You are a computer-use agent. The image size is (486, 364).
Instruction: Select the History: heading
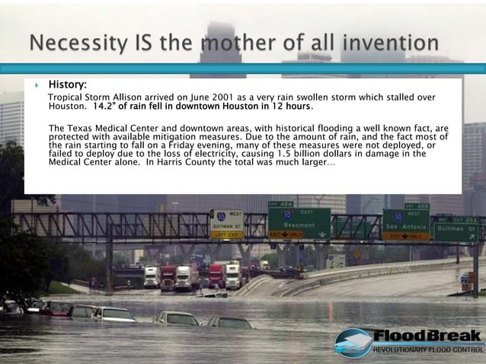point(68,84)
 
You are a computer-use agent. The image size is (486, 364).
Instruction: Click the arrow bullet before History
point(37,85)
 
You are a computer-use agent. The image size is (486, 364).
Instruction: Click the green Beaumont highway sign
point(298,221)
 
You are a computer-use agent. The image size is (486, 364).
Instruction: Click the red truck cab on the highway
point(216,275)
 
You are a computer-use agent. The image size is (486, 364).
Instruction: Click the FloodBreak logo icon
point(353,342)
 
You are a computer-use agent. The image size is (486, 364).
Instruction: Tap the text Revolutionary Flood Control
point(427,350)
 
